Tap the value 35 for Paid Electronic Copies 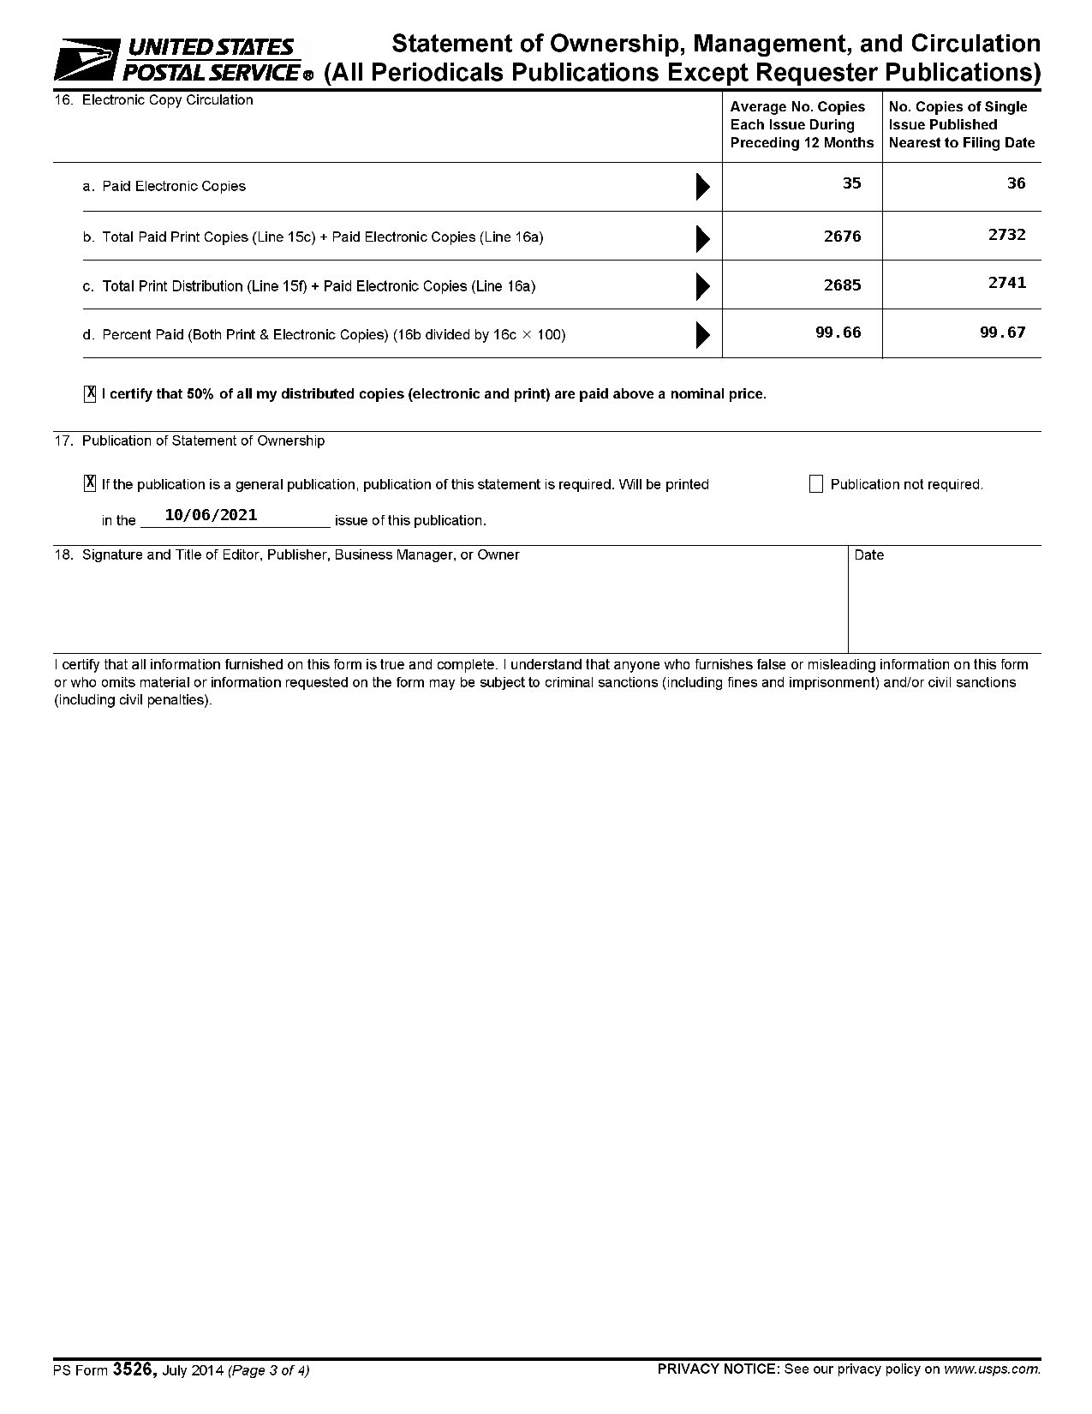851,183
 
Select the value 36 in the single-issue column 1016,183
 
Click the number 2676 842,237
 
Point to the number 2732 1006,235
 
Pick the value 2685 842,285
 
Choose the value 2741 1006,283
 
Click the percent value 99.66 838,333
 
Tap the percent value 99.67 1002,333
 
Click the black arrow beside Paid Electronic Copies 703,186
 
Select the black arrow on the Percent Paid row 703,334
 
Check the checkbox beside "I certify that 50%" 90,394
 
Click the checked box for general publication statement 90,484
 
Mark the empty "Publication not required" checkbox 815,484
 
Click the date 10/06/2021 211,515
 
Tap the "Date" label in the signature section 868,555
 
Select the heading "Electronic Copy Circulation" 167,100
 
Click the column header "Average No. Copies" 797,107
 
